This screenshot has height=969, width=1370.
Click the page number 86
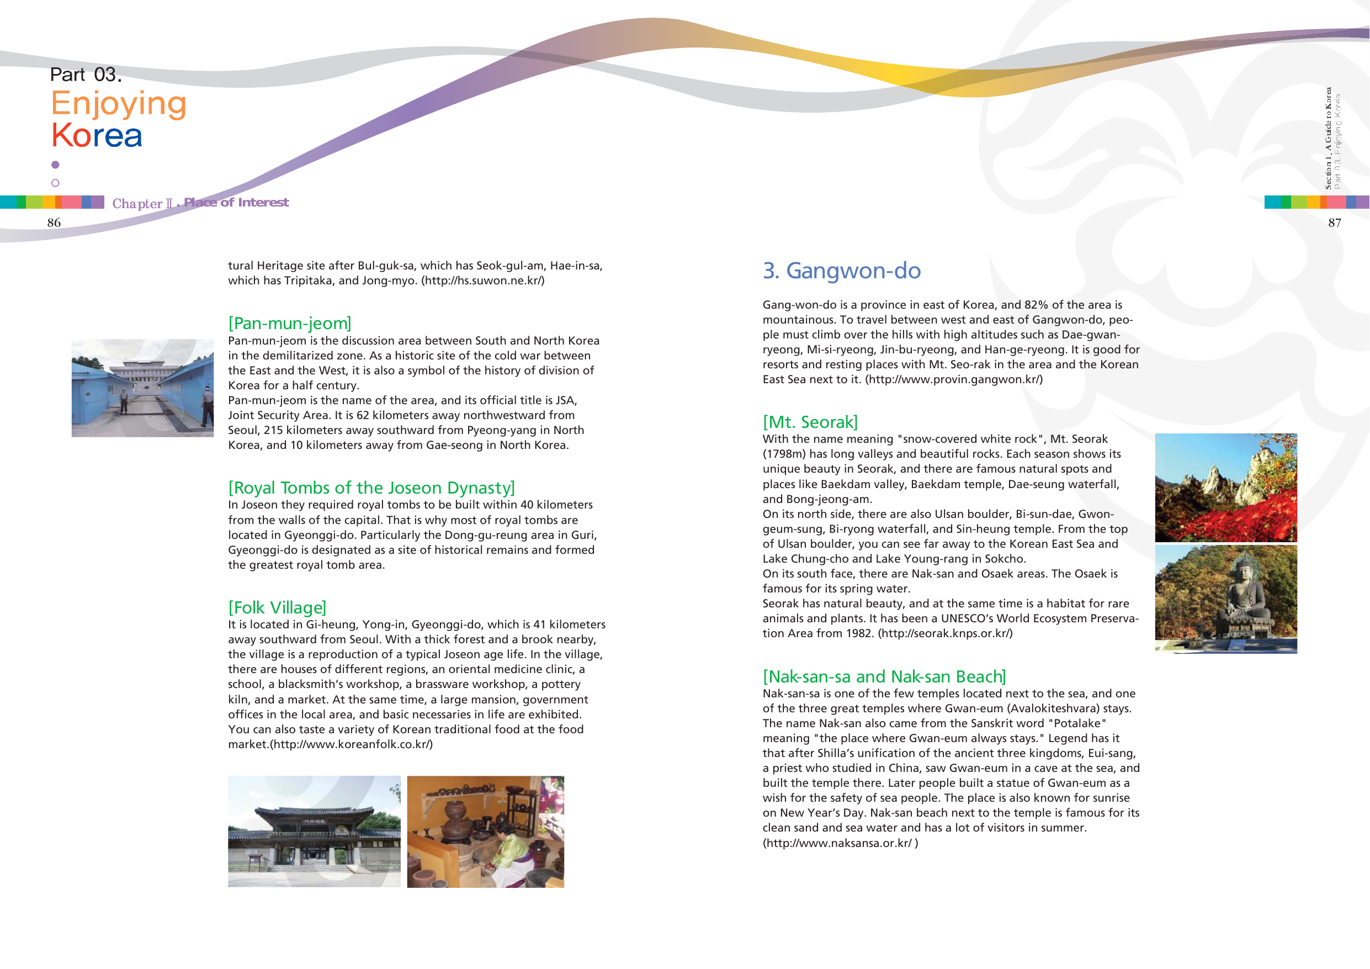tap(54, 223)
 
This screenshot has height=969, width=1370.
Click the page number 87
tap(1334, 223)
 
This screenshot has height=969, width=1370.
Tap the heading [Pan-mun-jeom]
tap(289, 323)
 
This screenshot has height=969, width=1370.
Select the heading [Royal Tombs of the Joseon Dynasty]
tap(371, 488)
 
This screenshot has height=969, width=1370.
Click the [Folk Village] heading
tap(277, 607)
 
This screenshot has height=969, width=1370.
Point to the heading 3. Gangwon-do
tap(841, 271)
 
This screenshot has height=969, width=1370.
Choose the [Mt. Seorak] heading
tap(810, 422)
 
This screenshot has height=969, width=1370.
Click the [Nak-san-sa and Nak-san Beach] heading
tap(884, 676)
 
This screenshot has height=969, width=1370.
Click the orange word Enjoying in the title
tap(119, 103)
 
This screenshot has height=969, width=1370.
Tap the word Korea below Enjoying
tap(97, 135)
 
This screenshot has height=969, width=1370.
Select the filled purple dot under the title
tap(56, 165)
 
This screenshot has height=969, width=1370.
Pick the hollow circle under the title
tap(56, 183)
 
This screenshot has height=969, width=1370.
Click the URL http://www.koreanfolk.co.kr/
tap(352, 744)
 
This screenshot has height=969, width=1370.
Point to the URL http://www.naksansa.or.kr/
tap(839, 843)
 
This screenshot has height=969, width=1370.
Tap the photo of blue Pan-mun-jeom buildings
tap(142, 388)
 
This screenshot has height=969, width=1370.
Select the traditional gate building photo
tap(314, 831)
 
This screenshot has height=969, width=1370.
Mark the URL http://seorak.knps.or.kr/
tap(945, 633)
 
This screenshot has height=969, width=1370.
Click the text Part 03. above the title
tap(86, 75)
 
